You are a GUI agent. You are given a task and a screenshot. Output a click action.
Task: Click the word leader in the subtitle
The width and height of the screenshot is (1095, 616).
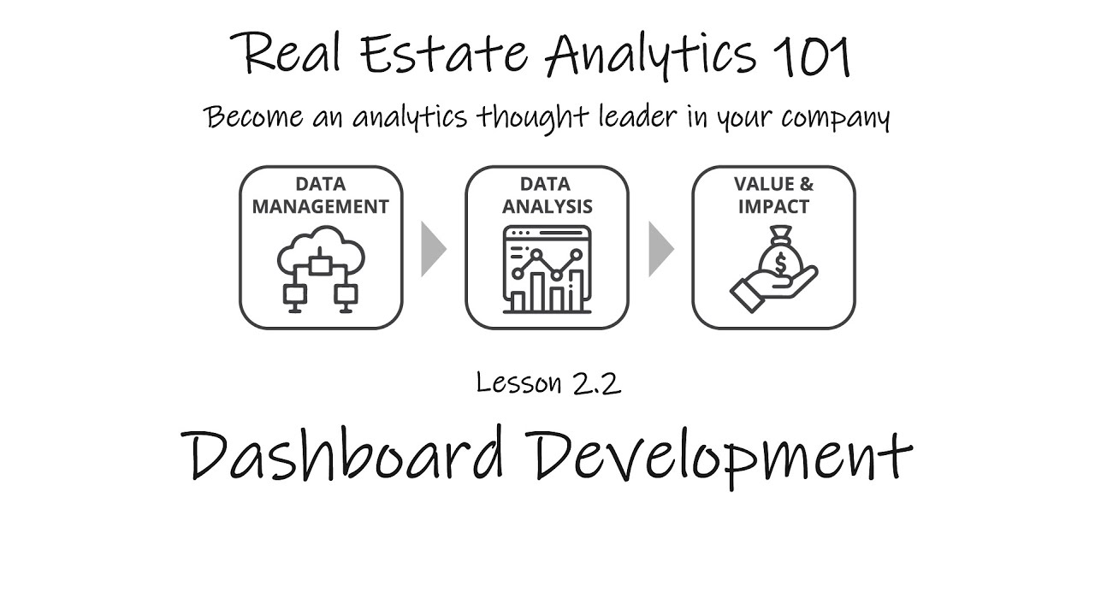click(670, 115)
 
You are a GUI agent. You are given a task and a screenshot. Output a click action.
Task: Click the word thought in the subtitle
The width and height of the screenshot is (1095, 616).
click(537, 116)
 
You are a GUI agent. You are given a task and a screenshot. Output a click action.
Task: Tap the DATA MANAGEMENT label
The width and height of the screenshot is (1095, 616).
click(320, 195)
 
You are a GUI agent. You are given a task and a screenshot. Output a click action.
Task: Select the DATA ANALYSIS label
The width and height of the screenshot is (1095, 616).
click(547, 195)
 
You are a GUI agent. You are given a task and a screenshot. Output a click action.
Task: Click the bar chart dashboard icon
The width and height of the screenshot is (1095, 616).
click(547, 269)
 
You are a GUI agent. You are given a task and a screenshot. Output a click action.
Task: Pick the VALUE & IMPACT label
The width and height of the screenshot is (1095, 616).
click(773, 195)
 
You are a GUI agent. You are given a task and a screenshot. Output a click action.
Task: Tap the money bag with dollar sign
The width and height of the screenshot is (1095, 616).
click(779, 252)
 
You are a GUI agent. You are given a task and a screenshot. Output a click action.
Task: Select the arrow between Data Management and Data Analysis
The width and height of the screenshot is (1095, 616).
click(434, 249)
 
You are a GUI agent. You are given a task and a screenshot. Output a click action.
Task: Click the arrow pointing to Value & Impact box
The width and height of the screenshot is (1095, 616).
click(660, 249)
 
